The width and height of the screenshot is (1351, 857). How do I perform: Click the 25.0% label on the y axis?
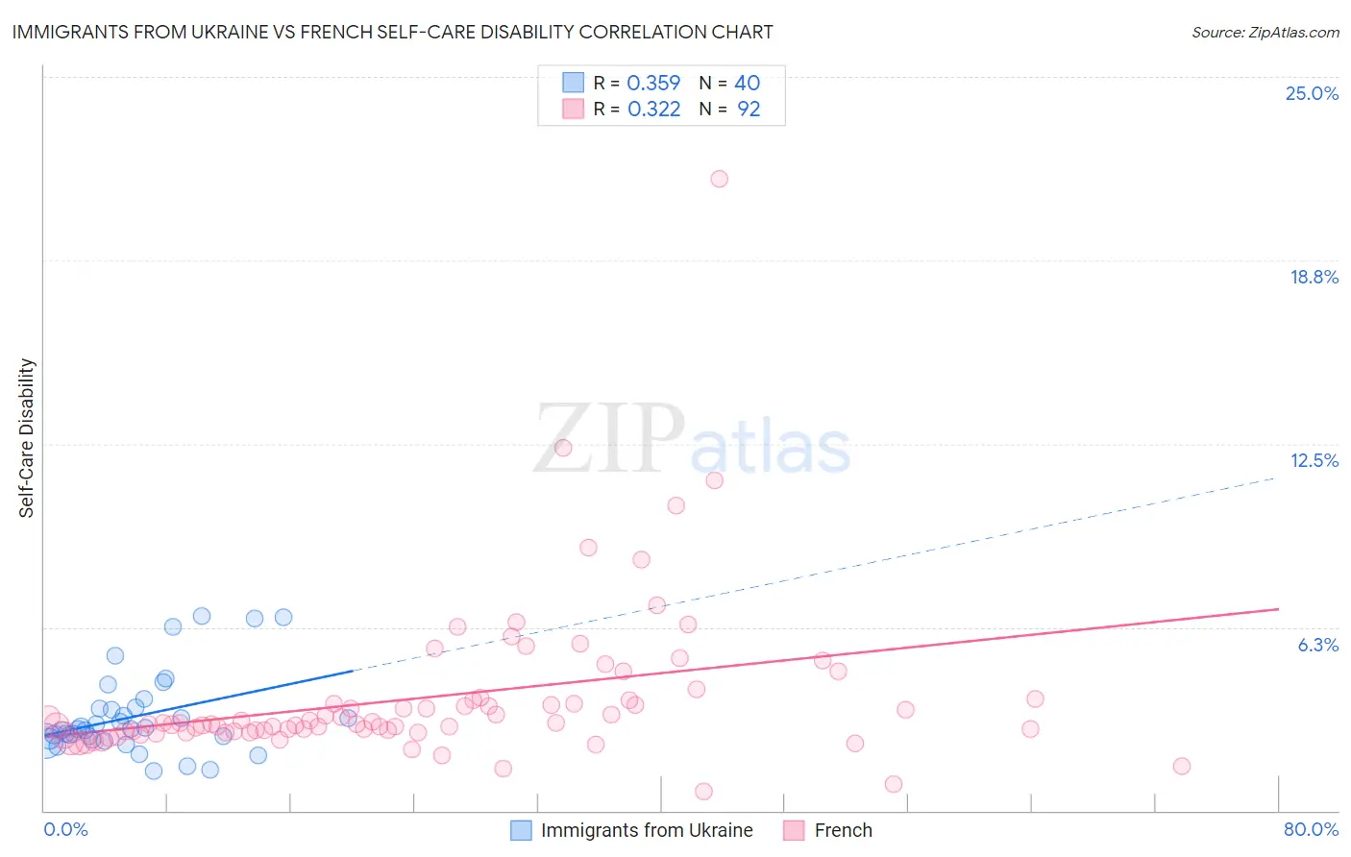1312,94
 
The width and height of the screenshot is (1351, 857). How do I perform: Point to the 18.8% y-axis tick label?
1314,278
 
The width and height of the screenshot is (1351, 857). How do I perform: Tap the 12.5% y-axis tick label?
1314,461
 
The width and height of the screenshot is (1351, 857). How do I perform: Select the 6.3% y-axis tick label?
1317,646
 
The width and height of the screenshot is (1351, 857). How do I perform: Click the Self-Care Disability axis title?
27,438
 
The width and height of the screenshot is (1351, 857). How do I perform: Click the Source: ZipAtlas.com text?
1265,33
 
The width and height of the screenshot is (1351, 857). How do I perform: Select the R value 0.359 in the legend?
653,84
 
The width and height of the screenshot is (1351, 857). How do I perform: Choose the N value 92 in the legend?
749,110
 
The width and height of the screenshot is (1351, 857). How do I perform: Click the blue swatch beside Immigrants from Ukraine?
522,831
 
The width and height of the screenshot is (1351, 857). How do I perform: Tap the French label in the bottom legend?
843,831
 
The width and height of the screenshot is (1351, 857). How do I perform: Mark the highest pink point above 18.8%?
719,179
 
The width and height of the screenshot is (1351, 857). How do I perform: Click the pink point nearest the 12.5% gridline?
563,448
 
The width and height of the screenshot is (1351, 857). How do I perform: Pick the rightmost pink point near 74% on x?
1182,766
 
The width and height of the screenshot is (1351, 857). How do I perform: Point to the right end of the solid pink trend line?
1278,609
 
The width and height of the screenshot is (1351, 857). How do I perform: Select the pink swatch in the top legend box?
574,110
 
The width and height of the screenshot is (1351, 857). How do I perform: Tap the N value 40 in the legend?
748,84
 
